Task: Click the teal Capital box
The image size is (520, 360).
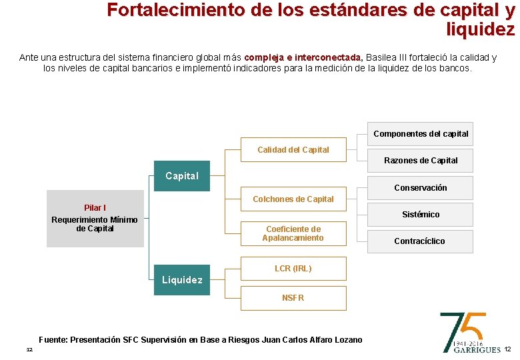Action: [181, 176]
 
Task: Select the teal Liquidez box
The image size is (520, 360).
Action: [181, 280]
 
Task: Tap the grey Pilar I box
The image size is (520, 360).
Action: [95, 219]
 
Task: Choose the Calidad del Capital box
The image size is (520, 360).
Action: [293, 150]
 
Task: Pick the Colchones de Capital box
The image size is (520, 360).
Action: [293, 199]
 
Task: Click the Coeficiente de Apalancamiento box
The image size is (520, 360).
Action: [293, 233]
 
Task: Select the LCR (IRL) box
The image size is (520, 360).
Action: [293, 269]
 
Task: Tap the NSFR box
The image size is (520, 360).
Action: [293, 298]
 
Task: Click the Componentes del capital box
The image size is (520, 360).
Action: [421, 134]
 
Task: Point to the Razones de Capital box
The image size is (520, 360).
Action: [421, 161]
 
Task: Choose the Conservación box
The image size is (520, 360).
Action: [421, 188]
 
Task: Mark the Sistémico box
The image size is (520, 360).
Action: [421, 215]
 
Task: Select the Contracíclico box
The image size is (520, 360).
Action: [421, 241]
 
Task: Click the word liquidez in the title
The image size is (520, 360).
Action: [481, 30]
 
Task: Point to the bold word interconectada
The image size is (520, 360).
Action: [323, 57]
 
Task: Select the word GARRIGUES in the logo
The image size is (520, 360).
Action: [477, 349]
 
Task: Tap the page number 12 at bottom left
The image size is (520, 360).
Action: [29, 350]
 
